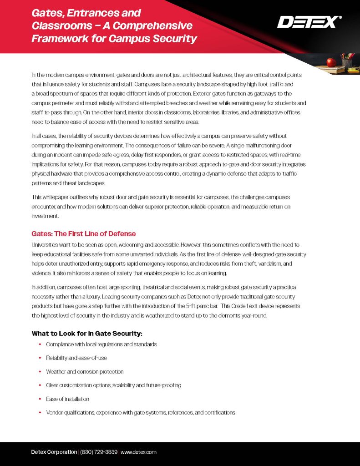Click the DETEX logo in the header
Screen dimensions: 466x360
(309, 21)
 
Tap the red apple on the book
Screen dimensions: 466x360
(331, 62)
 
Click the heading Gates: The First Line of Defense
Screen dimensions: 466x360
(83, 233)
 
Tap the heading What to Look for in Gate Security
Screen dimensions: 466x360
(87, 333)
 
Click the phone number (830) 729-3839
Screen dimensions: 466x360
(99, 452)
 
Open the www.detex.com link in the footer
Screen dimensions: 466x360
(138, 452)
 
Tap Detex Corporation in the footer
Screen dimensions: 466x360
(54, 452)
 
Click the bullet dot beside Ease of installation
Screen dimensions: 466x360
(40, 399)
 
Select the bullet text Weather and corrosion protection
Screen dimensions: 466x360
(85, 371)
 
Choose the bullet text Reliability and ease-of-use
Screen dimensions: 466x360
(76, 358)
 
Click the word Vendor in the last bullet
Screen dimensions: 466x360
(54, 412)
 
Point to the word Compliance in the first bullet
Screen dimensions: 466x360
(61, 344)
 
